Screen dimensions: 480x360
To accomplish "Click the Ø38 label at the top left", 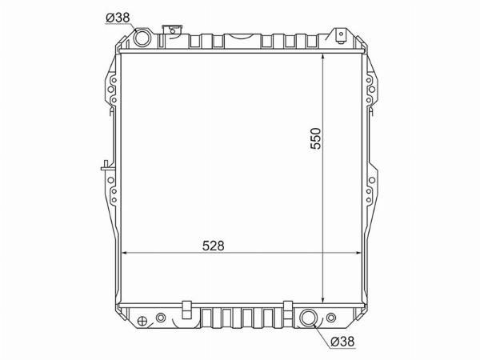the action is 118,18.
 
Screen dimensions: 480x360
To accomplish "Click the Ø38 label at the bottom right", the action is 343,342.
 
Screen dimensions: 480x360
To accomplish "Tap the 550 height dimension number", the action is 316,138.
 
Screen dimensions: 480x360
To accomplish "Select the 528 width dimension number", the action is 214,246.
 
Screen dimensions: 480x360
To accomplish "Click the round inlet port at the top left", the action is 142,38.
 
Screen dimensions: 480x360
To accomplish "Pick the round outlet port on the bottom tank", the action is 308,318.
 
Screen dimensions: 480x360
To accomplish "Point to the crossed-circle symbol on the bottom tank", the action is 142,321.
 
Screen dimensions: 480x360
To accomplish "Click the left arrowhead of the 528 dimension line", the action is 124,253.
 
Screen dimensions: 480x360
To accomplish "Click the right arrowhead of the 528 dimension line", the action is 358,253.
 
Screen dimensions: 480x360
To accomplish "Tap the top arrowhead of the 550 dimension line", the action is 323,57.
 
